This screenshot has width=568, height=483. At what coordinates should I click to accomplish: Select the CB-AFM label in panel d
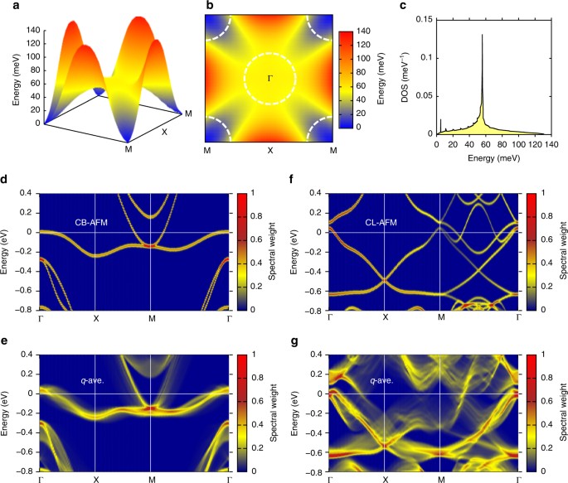[x=91, y=221]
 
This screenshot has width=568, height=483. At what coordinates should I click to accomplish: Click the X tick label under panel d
[x=95, y=318]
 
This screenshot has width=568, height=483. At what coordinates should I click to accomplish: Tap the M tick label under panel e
[x=150, y=478]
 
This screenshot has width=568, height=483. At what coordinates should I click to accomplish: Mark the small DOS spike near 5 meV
[x=441, y=124]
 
